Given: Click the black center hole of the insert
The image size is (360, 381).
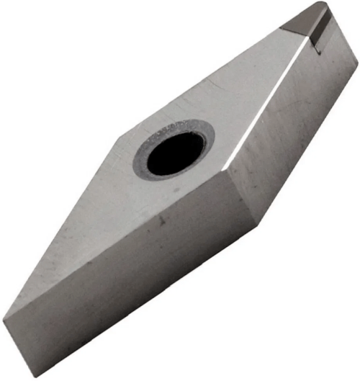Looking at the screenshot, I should [175, 153].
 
